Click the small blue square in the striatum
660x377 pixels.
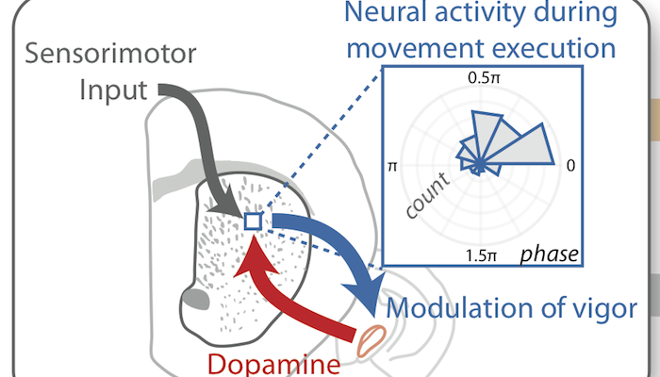(x=253, y=221)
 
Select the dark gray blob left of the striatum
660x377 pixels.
(x=194, y=303)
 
